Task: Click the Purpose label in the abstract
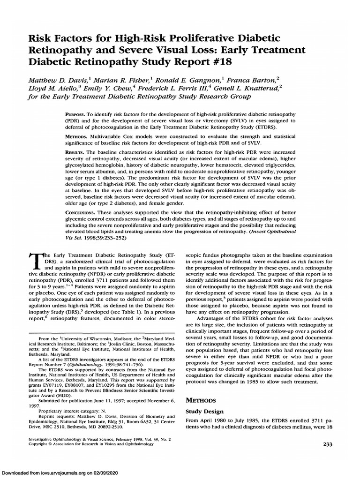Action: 75,115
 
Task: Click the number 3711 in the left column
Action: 124,279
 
